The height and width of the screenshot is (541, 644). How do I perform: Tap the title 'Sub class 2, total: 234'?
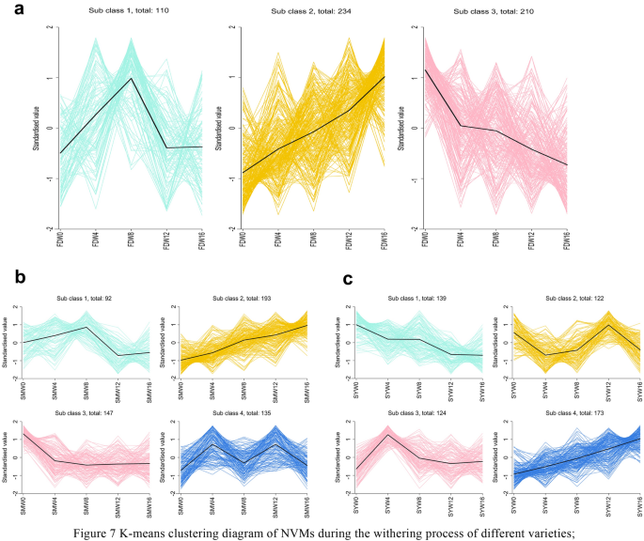click(313, 12)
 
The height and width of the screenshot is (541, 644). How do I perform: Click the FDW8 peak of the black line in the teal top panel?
click(132, 78)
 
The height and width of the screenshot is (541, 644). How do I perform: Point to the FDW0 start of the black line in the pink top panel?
click(425, 70)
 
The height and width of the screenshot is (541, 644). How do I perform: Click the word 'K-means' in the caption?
click(195, 522)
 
